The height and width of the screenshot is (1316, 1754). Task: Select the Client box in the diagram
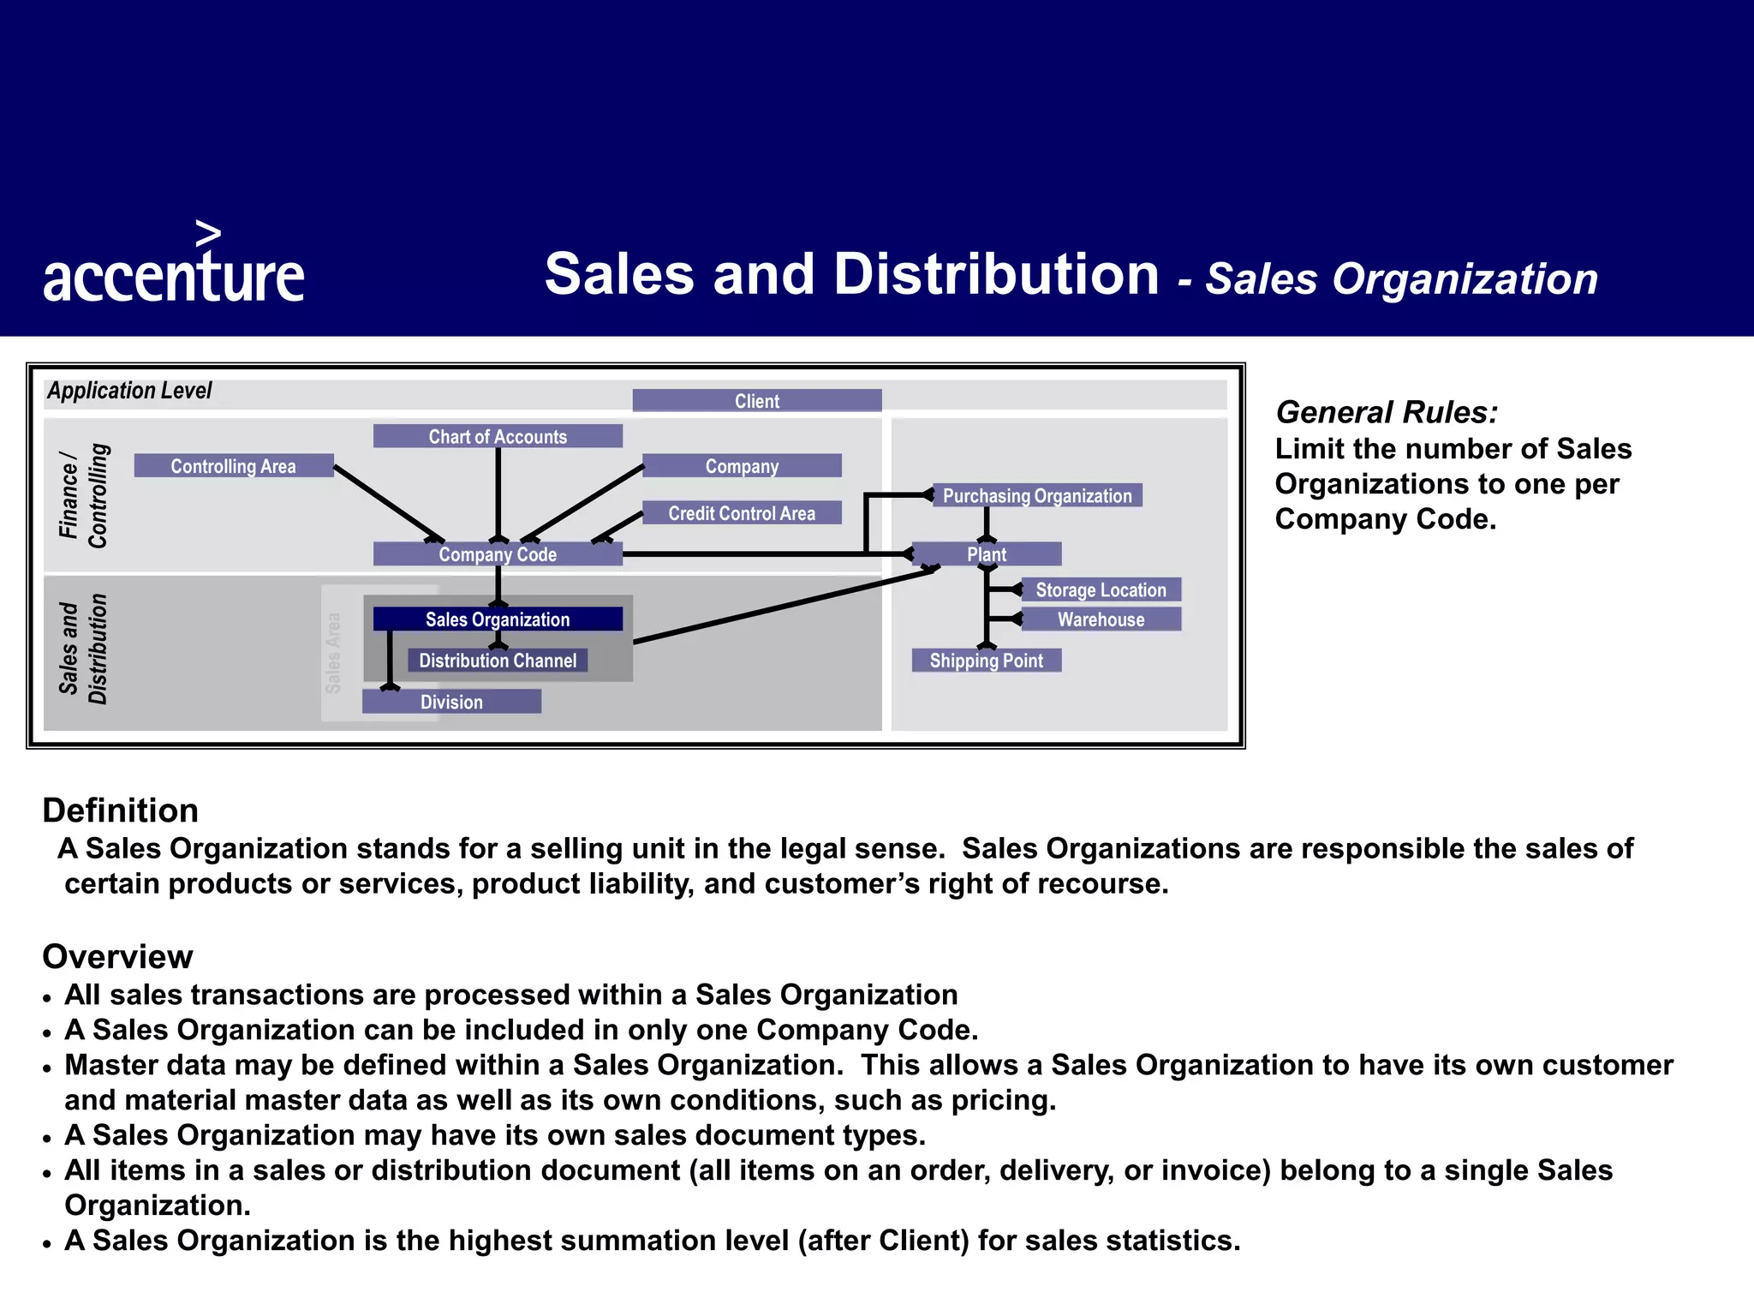[757, 401]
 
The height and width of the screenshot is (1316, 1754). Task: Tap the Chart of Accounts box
[498, 436]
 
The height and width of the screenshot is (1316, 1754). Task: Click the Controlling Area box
[233, 466]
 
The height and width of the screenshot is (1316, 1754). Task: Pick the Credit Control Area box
[742, 513]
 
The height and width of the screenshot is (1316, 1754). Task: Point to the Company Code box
[498, 554]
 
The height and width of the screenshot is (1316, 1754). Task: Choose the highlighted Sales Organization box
[498, 619]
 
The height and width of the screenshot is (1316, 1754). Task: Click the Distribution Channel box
[498, 661]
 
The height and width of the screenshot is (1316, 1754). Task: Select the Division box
[451, 702]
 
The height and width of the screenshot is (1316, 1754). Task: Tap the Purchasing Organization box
[1037, 495]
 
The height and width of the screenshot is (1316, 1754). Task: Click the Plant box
[987, 554]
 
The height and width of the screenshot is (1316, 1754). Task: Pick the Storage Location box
[1101, 589]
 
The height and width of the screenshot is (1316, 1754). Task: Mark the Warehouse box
[1101, 619]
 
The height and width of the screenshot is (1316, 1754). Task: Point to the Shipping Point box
[987, 661]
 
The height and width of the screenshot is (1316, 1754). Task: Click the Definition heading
[121, 811]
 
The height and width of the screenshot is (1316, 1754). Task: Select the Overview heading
[118, 956]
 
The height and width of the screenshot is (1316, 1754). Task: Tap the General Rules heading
[1387, 412]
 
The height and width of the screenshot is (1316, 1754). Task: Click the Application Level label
[129, 391]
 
